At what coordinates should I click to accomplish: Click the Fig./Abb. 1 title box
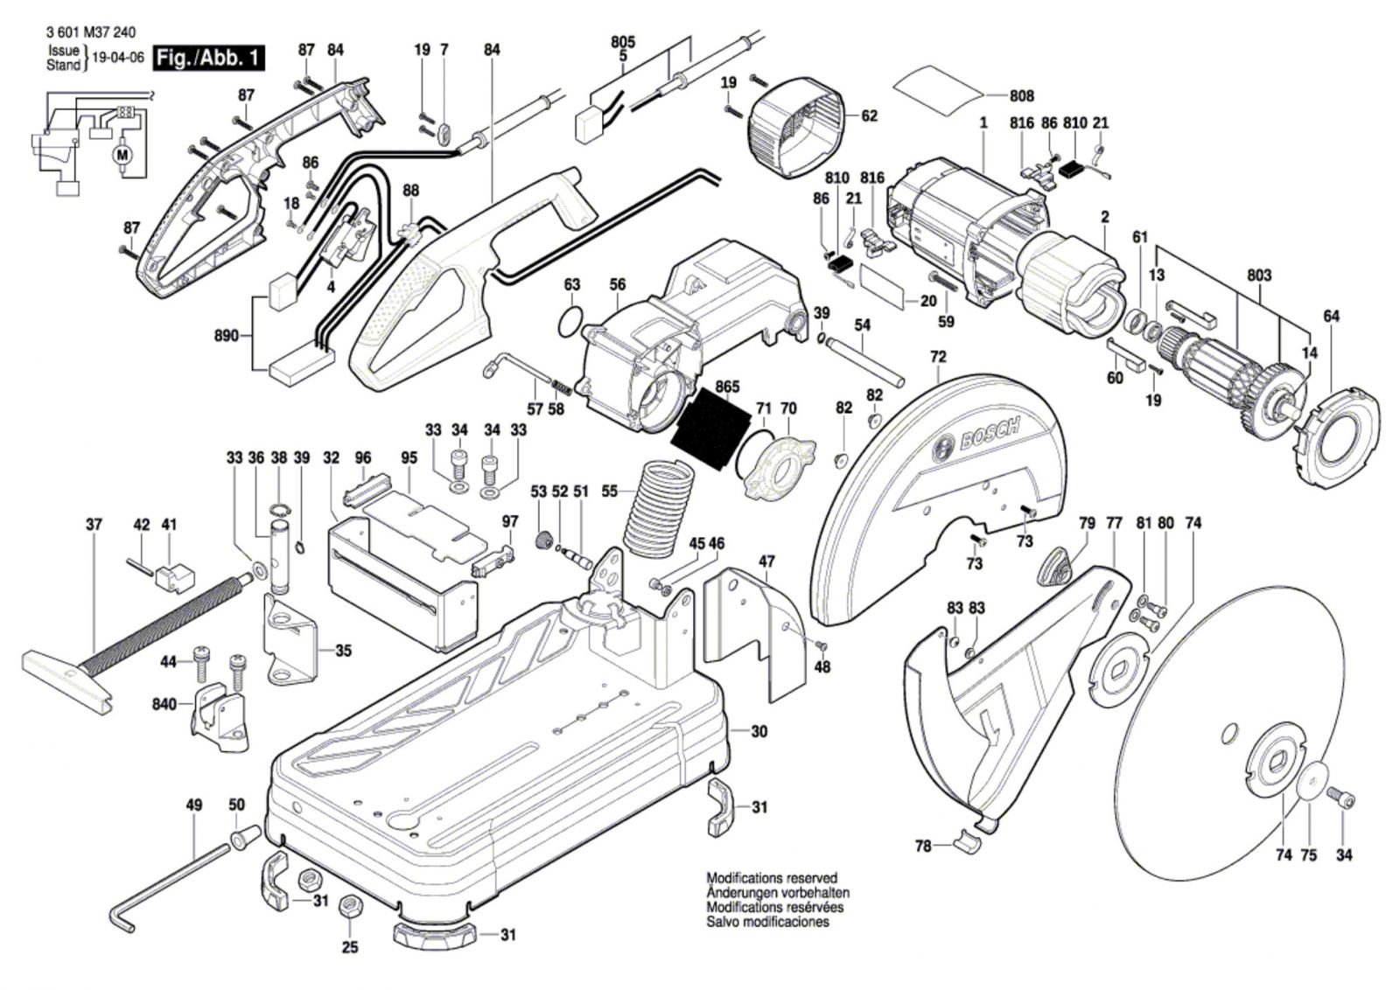click(x=208, y=59)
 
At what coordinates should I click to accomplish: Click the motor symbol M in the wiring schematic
click(x=122, y=156)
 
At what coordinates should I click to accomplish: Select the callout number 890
click(x=227, y=335)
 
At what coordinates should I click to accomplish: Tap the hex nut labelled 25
click(x=348, y=906)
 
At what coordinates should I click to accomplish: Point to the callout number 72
click(x=938, y=357)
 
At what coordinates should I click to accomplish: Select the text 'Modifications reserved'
click(x=771, y=878)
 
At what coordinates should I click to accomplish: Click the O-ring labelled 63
click(x=570, y=322)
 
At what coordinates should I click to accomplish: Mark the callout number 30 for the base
click(x=759, y=730)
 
